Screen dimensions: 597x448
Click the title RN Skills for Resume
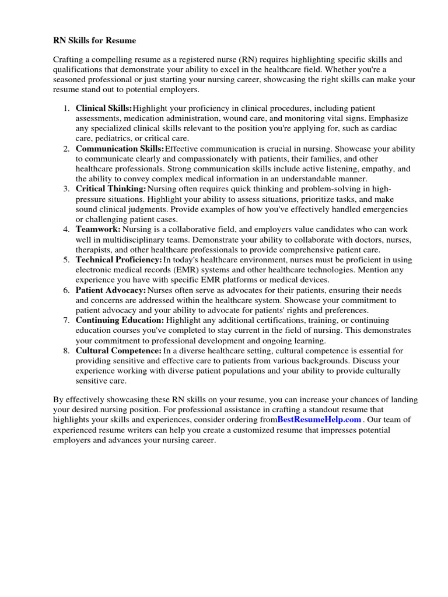coord(94,41)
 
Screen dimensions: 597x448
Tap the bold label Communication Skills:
coord(120,149)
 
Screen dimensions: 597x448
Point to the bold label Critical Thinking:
coord(111,189)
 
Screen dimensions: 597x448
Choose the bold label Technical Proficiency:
coord(119,259)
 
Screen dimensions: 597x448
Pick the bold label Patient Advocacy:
coord(111,290)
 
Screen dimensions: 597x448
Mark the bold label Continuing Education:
coord(120,320)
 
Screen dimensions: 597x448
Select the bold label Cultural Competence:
coord(118,350)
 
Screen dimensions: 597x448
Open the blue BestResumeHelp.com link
coord(320,419)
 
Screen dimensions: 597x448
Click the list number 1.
coord(66,108)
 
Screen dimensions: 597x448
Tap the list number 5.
coord(66,259)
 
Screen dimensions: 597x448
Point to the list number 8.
coord(66,350)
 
